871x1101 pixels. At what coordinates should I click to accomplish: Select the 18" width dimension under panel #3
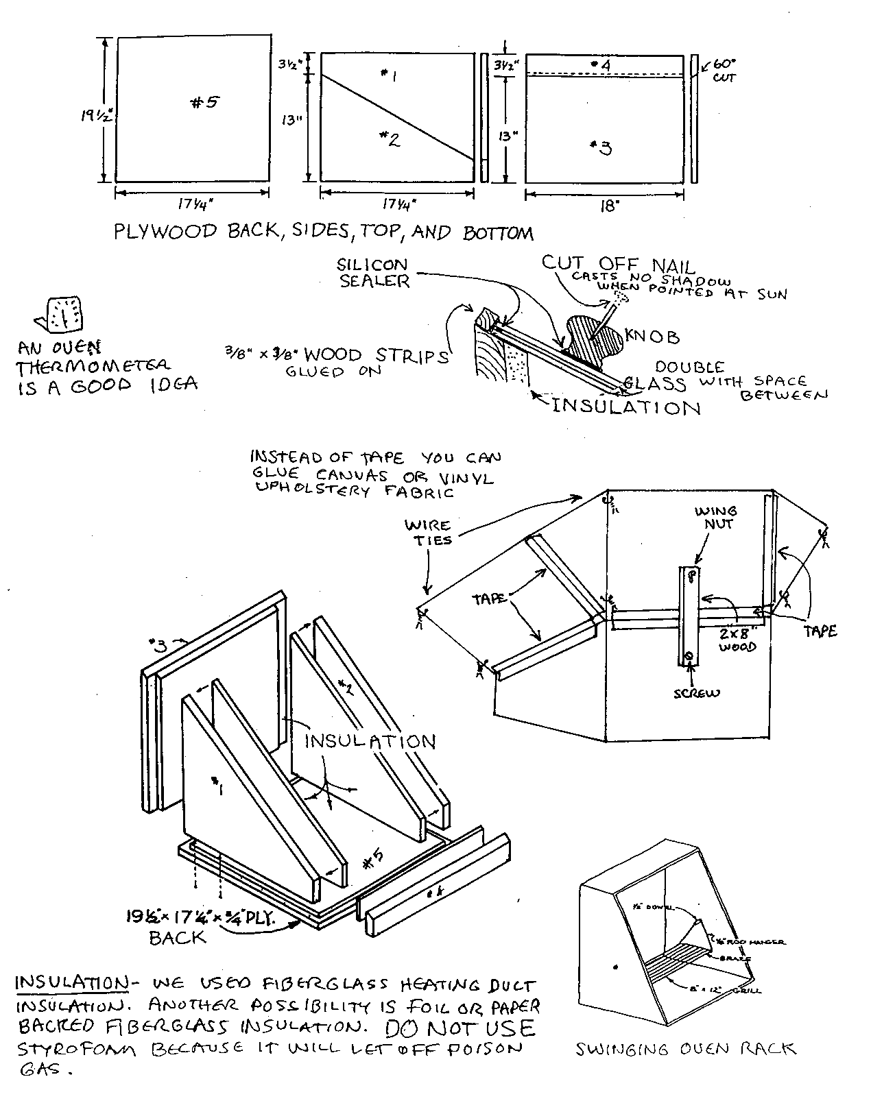(608, 206)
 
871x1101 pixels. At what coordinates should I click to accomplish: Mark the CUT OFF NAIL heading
(618, 263)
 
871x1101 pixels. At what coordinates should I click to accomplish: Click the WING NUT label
(716, 517)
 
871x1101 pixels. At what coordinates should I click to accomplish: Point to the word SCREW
(697, 692)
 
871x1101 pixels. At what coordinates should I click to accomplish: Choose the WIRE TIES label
(427, 533)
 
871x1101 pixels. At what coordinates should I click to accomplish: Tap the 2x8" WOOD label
(737, 638)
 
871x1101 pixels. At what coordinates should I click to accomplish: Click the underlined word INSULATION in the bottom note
(71, 982)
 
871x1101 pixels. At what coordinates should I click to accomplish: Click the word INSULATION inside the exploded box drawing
(370, 741)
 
